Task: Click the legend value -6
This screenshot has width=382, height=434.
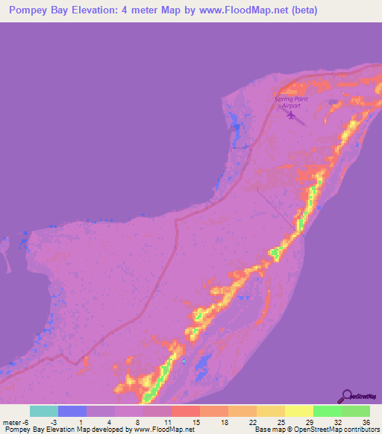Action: pyautogui.click(x=25, y=422)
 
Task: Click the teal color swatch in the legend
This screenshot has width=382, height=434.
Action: pyautogui.click(x=44, y=411)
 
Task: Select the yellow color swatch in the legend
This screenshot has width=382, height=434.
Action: pyautogui.click(x=299, y=411)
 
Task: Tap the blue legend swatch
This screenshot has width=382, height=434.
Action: pyautogui.click(x=72, y=411)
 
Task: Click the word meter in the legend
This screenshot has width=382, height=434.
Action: pyautogui.click(x=10, y=422)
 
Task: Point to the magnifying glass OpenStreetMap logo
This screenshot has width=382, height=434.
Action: pyautogui.click(x=345, y=397)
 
